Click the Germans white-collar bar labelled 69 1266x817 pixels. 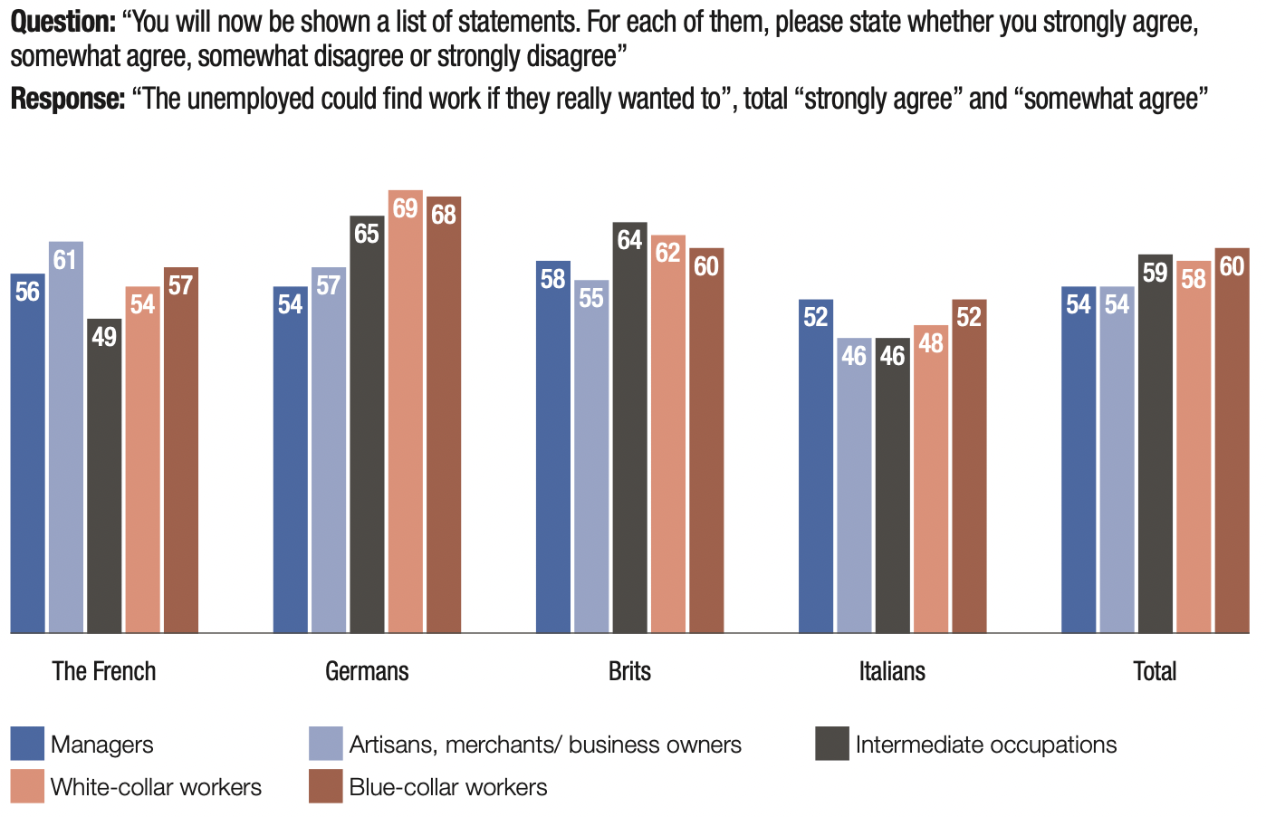coord(406,412)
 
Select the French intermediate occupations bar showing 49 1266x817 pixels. coord(104,476)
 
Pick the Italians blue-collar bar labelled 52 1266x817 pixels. coord(969,466)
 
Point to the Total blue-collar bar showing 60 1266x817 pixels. coord(1232,441)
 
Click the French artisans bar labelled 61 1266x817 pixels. coord(66,437)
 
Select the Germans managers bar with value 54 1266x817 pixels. coord(291,459)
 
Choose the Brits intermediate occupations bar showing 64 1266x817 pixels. coord(629,428)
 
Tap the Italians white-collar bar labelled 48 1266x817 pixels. coord(931,479)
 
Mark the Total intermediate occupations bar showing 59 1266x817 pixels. coord(1155,444)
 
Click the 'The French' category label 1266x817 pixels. coord(104,671)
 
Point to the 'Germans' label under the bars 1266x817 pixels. coord(367,671)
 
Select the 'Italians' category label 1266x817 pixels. coord(892,671)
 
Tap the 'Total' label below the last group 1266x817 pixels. coord(1155,671)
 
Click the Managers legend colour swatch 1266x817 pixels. coord(27,744)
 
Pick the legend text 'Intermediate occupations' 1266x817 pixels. coord(985,745)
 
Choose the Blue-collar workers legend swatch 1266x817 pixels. coord(325,786)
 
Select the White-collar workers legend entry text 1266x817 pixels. coord(156,787)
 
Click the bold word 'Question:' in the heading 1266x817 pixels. coord(62,23)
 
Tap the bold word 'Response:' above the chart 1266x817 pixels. coord(67,99)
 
